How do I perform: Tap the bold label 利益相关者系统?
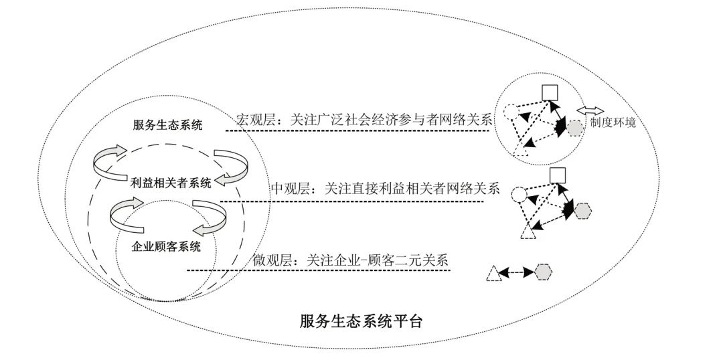click(x=171, y=181)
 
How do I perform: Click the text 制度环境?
click(x=613, y=123)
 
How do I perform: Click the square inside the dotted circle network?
click(x=550, y=92)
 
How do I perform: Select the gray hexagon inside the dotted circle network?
click(x=574, y=128)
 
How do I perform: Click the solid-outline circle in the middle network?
click(x=518, y=195)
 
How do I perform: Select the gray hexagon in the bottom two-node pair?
click(x=543, y=272)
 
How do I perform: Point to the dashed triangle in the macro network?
click(x=520, y=149)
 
